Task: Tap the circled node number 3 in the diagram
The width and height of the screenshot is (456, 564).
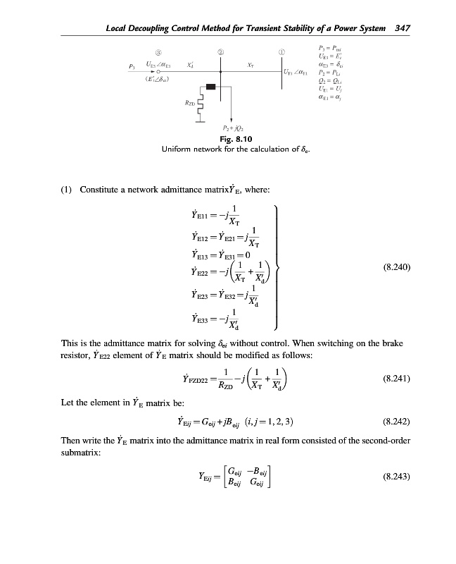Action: (x=159, y=53)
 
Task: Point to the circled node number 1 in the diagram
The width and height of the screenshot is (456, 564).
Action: (x=281, y=53)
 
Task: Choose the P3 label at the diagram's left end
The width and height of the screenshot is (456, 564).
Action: (x=132, y=67)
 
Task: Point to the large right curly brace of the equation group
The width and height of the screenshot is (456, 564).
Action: (x=280, y=268)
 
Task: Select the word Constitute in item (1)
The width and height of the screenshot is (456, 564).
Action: (x=103, y=189)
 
